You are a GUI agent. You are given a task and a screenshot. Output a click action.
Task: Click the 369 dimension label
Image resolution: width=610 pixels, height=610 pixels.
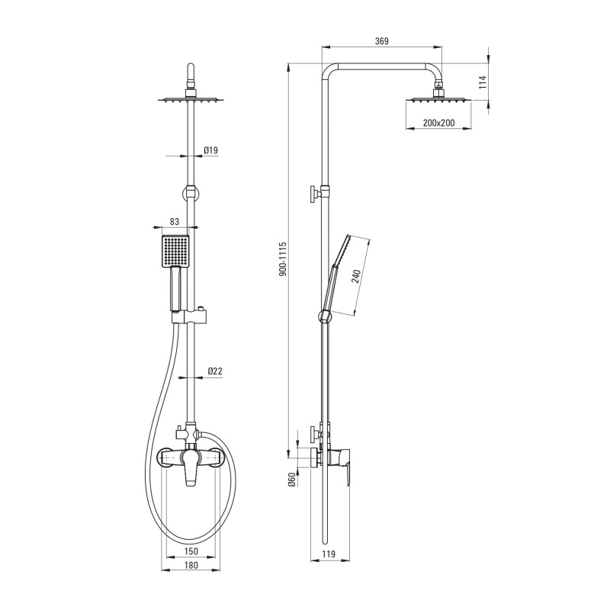(x=382, y=41)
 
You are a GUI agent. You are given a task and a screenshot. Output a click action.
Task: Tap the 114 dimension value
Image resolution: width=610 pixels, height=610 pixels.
(x=483, y=82)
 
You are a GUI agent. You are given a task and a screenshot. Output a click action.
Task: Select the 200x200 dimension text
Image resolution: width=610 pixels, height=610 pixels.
(x=438, y=123)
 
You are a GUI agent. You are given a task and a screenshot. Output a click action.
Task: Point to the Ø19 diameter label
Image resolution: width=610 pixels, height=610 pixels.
(x=211, y=150)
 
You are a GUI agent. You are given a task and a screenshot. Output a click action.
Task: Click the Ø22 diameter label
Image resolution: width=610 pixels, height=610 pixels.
(x=215, y=371)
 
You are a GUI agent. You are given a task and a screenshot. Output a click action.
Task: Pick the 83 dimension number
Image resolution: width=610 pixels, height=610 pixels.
(x=175, y=221)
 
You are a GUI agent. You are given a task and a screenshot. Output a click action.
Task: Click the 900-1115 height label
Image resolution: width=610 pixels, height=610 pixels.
(x=283, y=259)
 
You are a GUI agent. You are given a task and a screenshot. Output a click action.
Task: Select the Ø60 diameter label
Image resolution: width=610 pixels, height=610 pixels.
(x=293, y=480)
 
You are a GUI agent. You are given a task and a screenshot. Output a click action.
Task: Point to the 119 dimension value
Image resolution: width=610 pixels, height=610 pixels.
(x=329, y=554)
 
